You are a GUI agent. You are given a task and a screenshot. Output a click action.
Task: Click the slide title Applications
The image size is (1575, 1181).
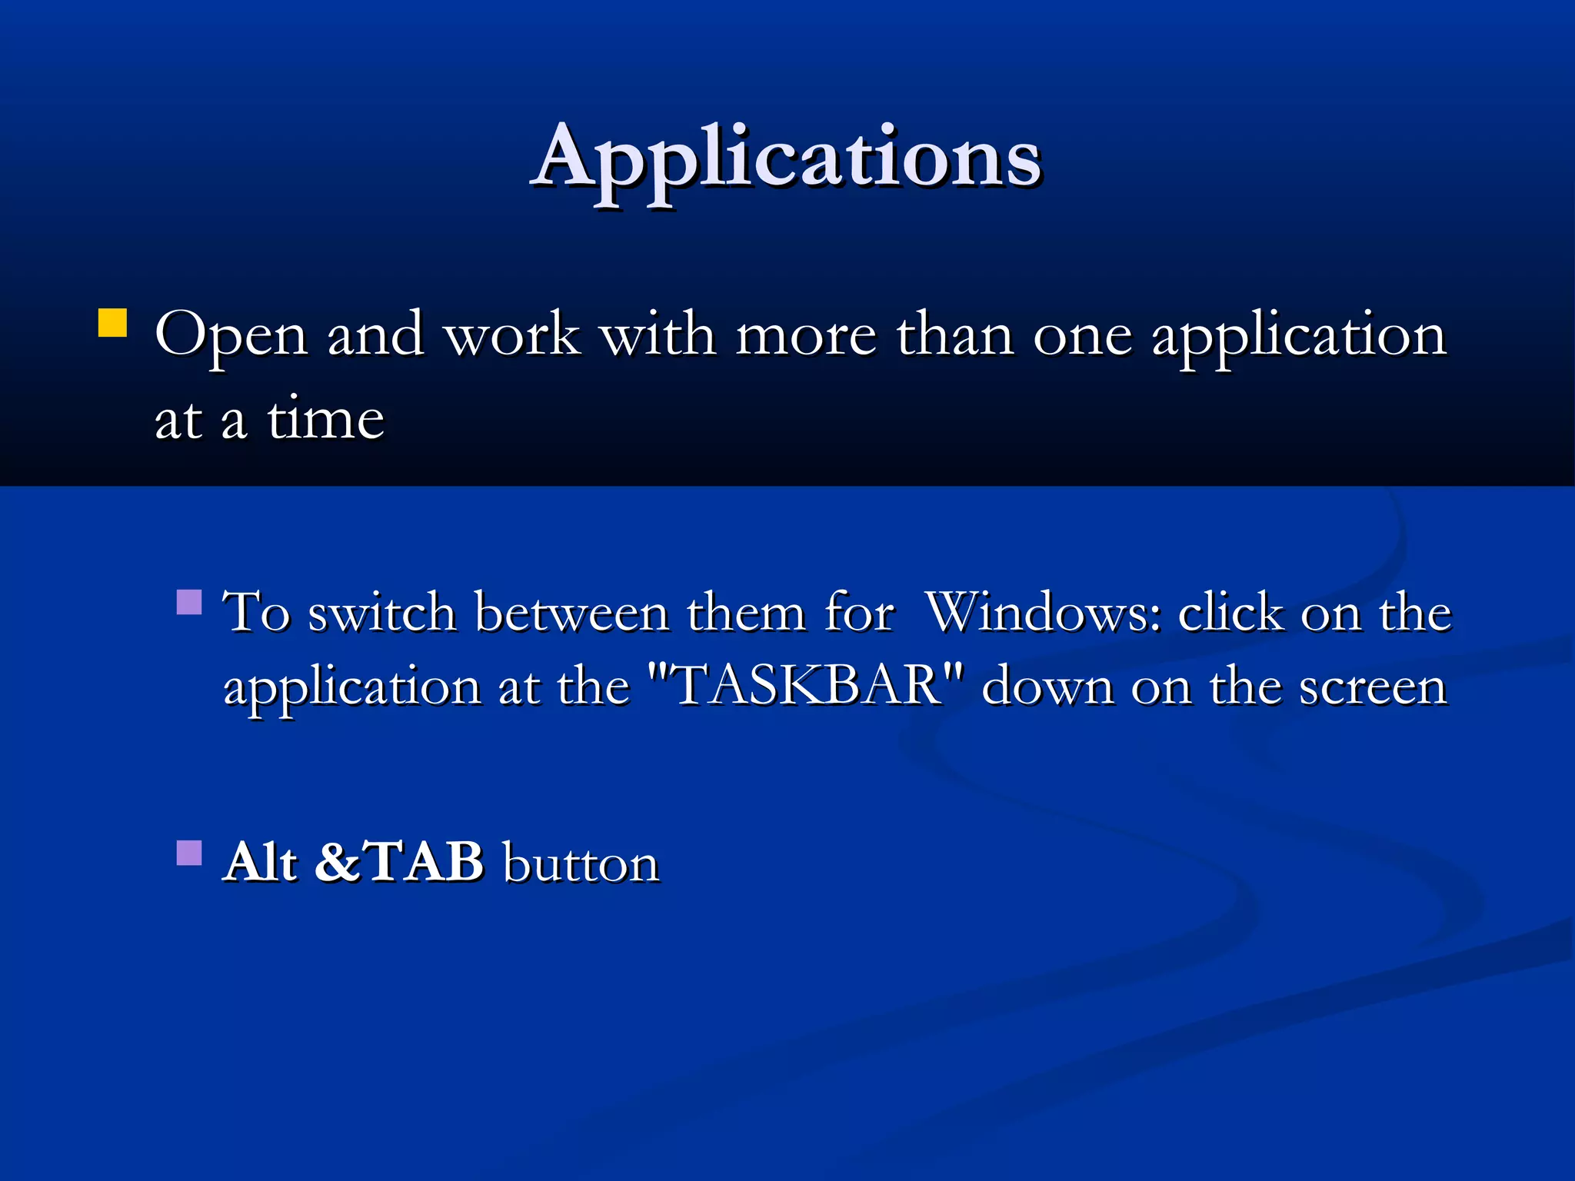(x=786, y=158)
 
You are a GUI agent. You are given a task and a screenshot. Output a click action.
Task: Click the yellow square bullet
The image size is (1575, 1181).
(x=112, y=323)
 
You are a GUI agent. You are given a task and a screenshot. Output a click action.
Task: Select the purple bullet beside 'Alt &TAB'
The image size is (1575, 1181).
(x=188, y=853)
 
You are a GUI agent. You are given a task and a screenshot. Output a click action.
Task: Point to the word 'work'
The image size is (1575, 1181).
(x=512, y=335)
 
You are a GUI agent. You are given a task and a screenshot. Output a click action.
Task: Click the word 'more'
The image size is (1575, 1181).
(x=806, y=335)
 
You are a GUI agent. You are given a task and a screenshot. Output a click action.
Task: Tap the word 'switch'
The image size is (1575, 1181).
(x=382, y=613)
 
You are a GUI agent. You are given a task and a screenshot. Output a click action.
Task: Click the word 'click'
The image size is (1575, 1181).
(x=1230, y=613)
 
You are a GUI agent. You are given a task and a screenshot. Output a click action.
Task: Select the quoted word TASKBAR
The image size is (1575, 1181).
(x=806, y=685)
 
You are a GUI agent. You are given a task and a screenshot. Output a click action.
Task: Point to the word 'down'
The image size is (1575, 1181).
(x=1047, y=685)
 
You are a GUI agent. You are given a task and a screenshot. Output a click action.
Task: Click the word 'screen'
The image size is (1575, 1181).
(x=1374, y=687)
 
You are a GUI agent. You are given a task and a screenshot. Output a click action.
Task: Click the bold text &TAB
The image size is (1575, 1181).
(x=399, y=861)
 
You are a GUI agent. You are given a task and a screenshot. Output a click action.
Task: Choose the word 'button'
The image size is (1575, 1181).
(x=581, y=863)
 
